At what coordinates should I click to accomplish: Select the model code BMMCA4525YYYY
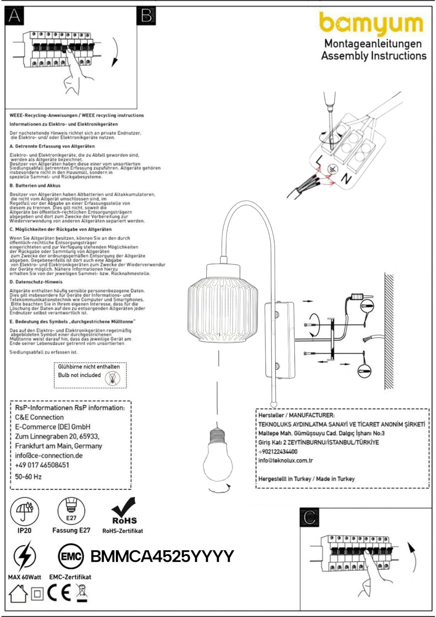[x=162, y=556]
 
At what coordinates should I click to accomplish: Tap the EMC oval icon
[x=71, y=556]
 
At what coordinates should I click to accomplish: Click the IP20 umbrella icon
[x=24, y=511]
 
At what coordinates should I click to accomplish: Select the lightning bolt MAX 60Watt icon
[x=24, y=556]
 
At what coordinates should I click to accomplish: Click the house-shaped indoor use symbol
[x=18, y=594]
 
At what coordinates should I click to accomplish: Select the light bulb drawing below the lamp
[x=218, y=455]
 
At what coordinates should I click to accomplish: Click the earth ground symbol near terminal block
[x=332, y=169]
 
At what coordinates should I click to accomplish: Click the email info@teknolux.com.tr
[x=285, y=460]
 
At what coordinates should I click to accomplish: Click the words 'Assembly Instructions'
[x=374, y=56]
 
